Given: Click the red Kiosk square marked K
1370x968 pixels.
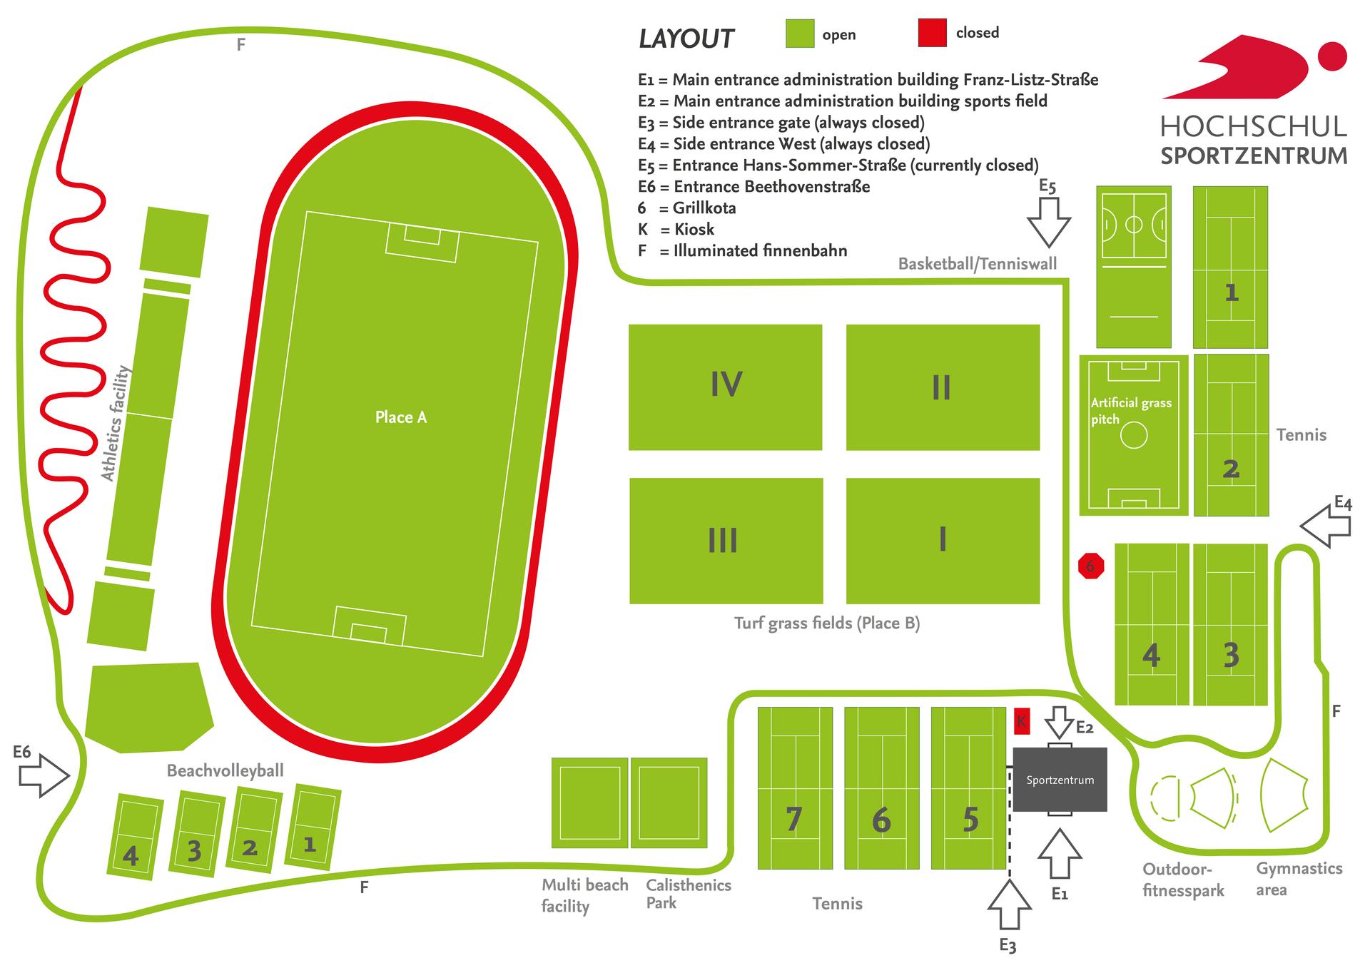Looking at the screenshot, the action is (x=1022, y=721).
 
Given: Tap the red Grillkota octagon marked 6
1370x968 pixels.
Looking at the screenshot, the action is (x=1091, y=566).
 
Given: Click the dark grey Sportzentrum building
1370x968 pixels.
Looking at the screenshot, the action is (x=1060, y=780).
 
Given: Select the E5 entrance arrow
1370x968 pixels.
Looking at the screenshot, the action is (x=1048, y=222).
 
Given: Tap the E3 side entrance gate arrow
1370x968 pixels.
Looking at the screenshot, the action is (x=1009, y=905).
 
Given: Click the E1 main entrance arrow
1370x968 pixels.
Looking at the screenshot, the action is (x=1060, y=854).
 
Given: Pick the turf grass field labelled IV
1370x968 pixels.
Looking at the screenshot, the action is (x=726, y=387).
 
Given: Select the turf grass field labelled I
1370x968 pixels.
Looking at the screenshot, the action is (x=943, y=541).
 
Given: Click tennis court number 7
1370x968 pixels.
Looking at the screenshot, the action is (x=795, y=788).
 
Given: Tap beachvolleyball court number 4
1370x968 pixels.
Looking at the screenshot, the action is (x=135, y=837).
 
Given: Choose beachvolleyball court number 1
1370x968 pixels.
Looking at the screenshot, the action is (x=313, y=827).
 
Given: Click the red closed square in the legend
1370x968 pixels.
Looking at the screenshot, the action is (x=932, y=33).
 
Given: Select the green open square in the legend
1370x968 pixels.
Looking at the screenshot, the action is (x=800, y=34).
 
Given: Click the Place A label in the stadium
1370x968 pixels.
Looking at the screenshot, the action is (x=401, y=417).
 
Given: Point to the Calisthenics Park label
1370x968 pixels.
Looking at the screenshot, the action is (x=689, y=894).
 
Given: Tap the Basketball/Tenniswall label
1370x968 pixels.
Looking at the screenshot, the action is (x=978, y=264).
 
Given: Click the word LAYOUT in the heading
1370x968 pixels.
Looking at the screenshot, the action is (x=686, y=39).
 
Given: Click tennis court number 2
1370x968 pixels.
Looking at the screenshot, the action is (x=1231, y=435).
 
